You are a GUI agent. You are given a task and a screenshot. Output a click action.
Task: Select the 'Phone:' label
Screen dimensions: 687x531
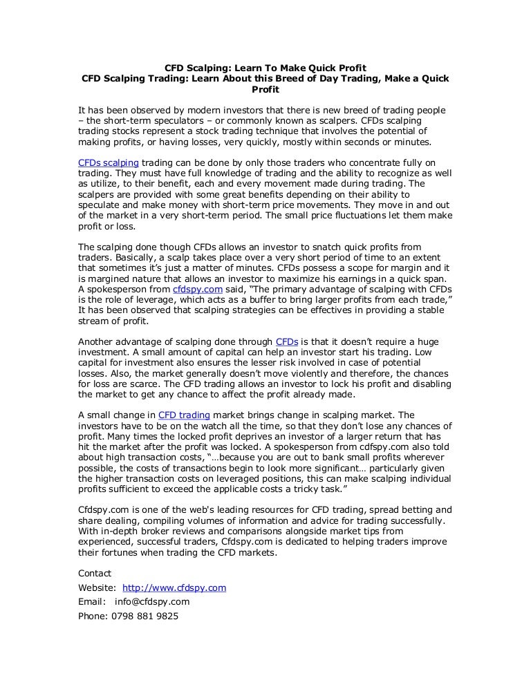93,615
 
